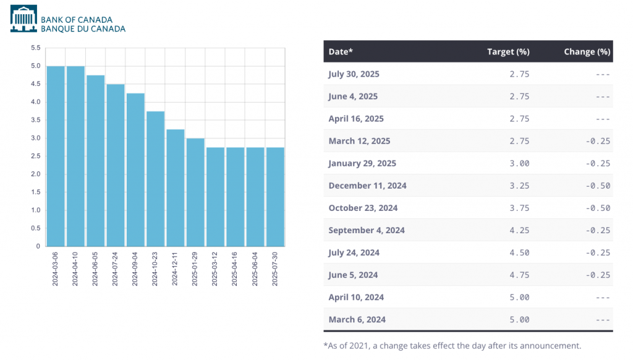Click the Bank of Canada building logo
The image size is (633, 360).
pyautogui.click(x=23, y=19)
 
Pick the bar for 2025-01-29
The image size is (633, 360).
pyautogui.click(x=195, y=192)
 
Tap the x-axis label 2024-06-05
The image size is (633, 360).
pyautogui.click(x=95, y=268)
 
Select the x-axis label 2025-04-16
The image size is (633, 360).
pyautogui.click(x=235, y=268)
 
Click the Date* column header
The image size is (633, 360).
pyautogui.click(x=341, y=52)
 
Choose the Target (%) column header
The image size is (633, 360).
pyautogui.click(x=508, y=52)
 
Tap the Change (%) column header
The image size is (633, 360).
pyautogui.click(x=587, y=52)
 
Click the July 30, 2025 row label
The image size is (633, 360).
pyautogui.click(x=354, y=74)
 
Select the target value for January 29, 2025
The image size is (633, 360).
pyautogui.click(x=519, y=163)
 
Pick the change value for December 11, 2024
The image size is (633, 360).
pyautogui.click(x=598, y=186)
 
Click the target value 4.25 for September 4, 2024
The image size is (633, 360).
pyautogui.click(x=519, y=230)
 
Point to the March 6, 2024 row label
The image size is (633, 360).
pyautogui.click(x=357, y=319)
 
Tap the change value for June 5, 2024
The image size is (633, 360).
pyautogui.click(x=598, y=275)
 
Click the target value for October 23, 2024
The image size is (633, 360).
pyautogui.click(x=519, y=208)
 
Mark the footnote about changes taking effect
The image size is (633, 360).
pyautogui.click(x=452, y=346)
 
